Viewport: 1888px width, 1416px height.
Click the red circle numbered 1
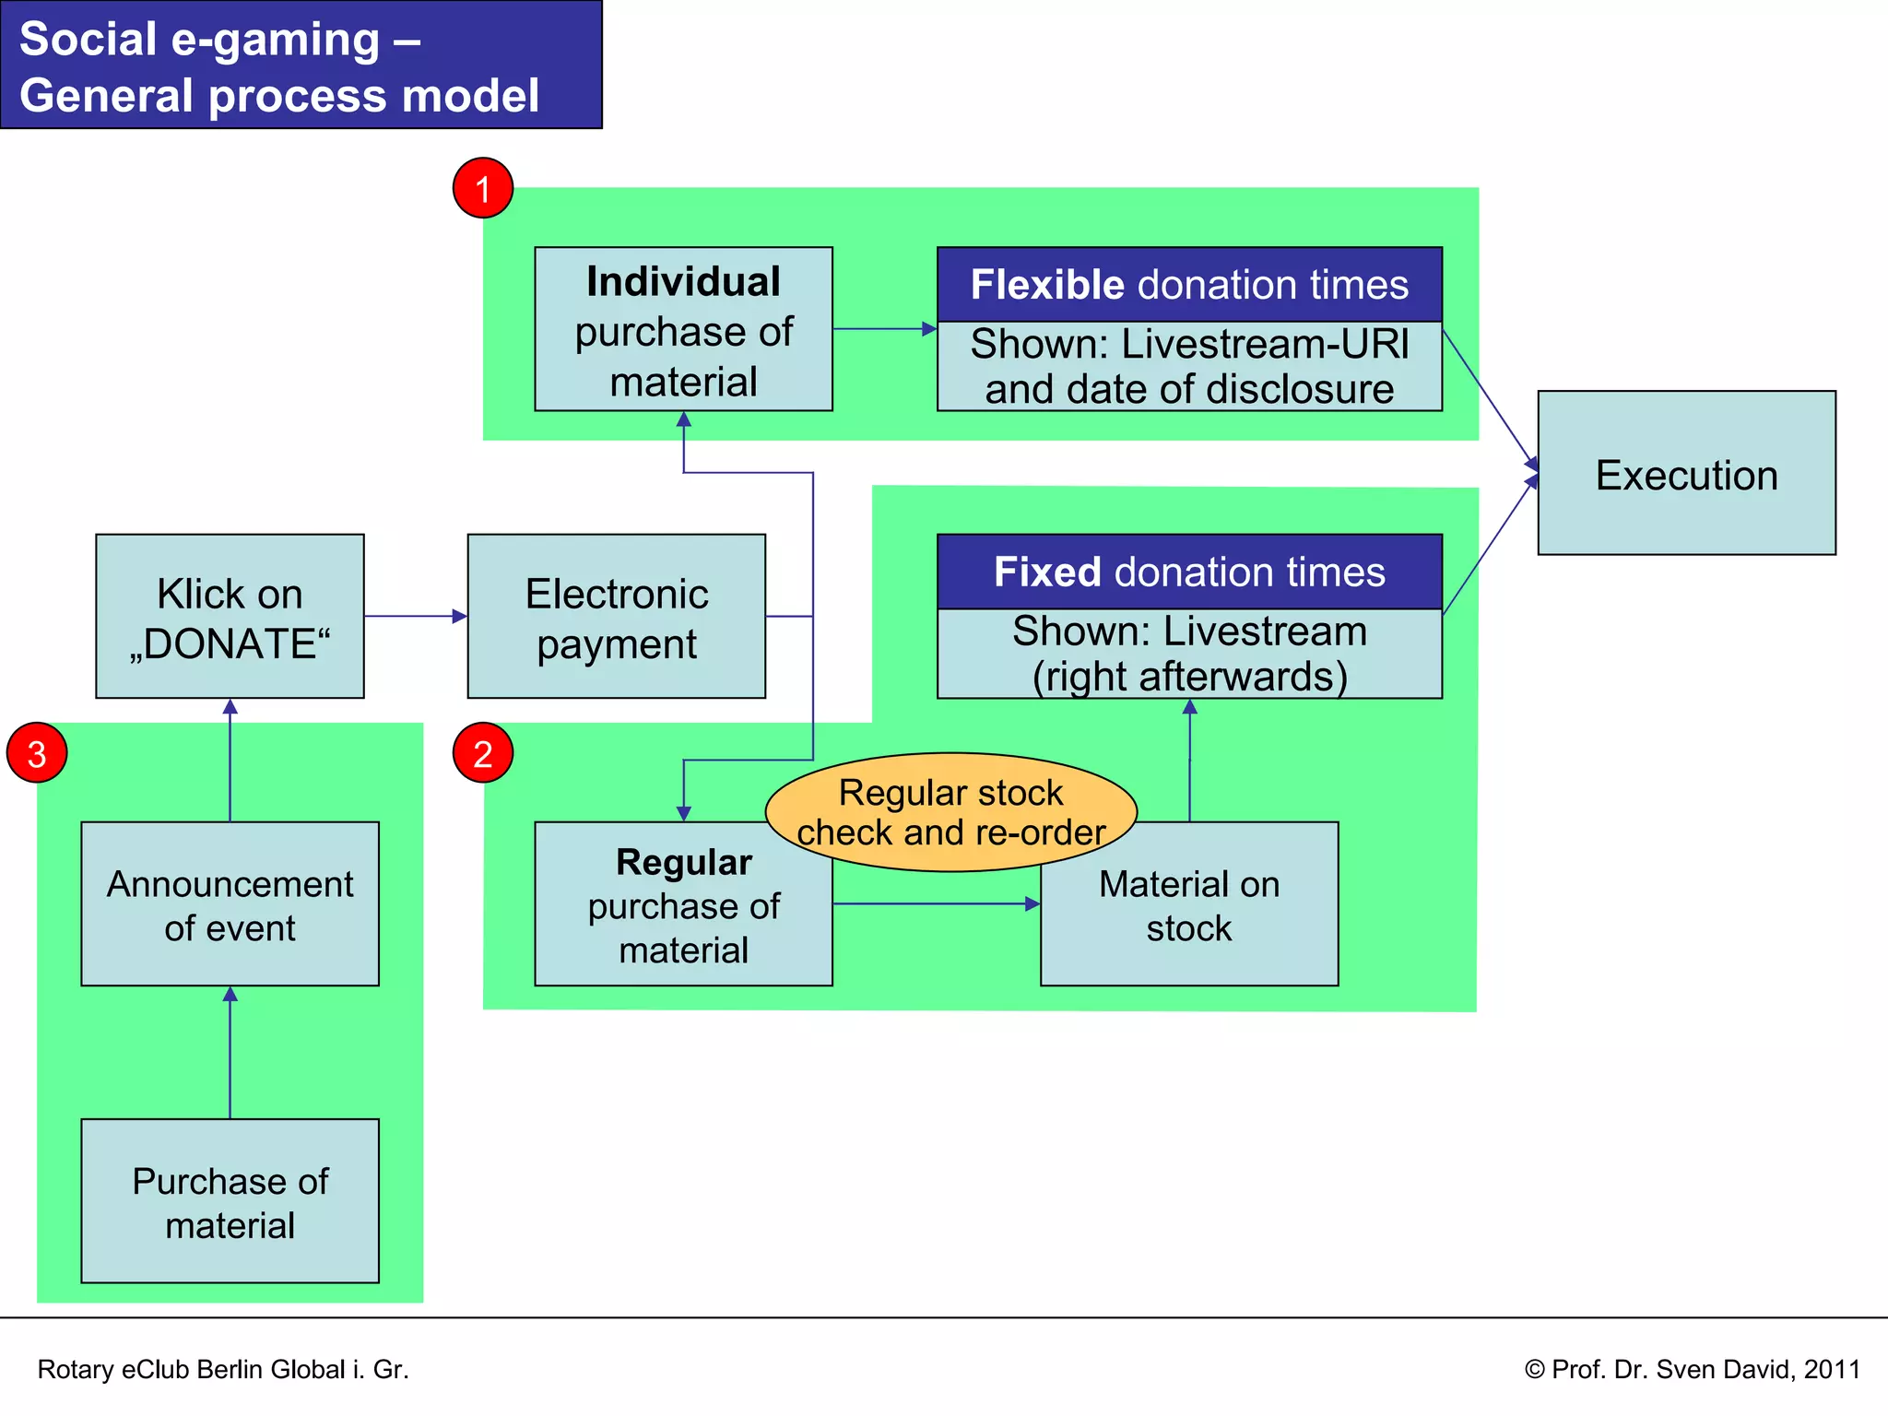tap(482, 188)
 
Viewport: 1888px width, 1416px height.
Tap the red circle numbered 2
tap(482, 753)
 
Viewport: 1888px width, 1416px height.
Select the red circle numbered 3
tap(37, 753)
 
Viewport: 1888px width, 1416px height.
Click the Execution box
tap(1686, 473)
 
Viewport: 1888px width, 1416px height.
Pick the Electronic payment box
tap(616, 616)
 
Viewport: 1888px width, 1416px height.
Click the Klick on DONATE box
tap(230, 616)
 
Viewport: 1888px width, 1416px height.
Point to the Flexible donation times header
tap(1189, 284)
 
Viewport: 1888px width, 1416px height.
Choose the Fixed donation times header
tap(1189, 572)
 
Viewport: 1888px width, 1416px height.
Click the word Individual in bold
tap(683, 282)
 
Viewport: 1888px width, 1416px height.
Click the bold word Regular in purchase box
tap(683, 862)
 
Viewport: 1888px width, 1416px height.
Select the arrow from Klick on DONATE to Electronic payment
tap(415, 616)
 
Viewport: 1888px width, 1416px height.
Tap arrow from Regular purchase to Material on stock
tap(936, 903)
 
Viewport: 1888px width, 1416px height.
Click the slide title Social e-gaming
tap(279, 66)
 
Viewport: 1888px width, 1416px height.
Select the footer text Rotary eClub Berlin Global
tap(222, 1369)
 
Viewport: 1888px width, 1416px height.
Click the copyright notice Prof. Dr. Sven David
tap(1692, 1369)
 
